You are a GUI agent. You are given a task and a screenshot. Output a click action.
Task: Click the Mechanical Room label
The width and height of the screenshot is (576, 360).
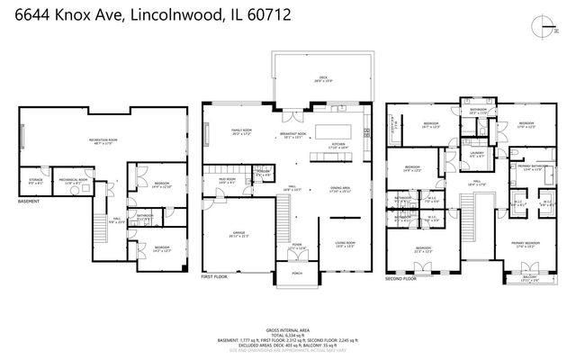point(75,180)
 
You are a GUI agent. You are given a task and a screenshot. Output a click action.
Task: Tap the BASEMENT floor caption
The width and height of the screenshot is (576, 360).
point(28,202)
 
